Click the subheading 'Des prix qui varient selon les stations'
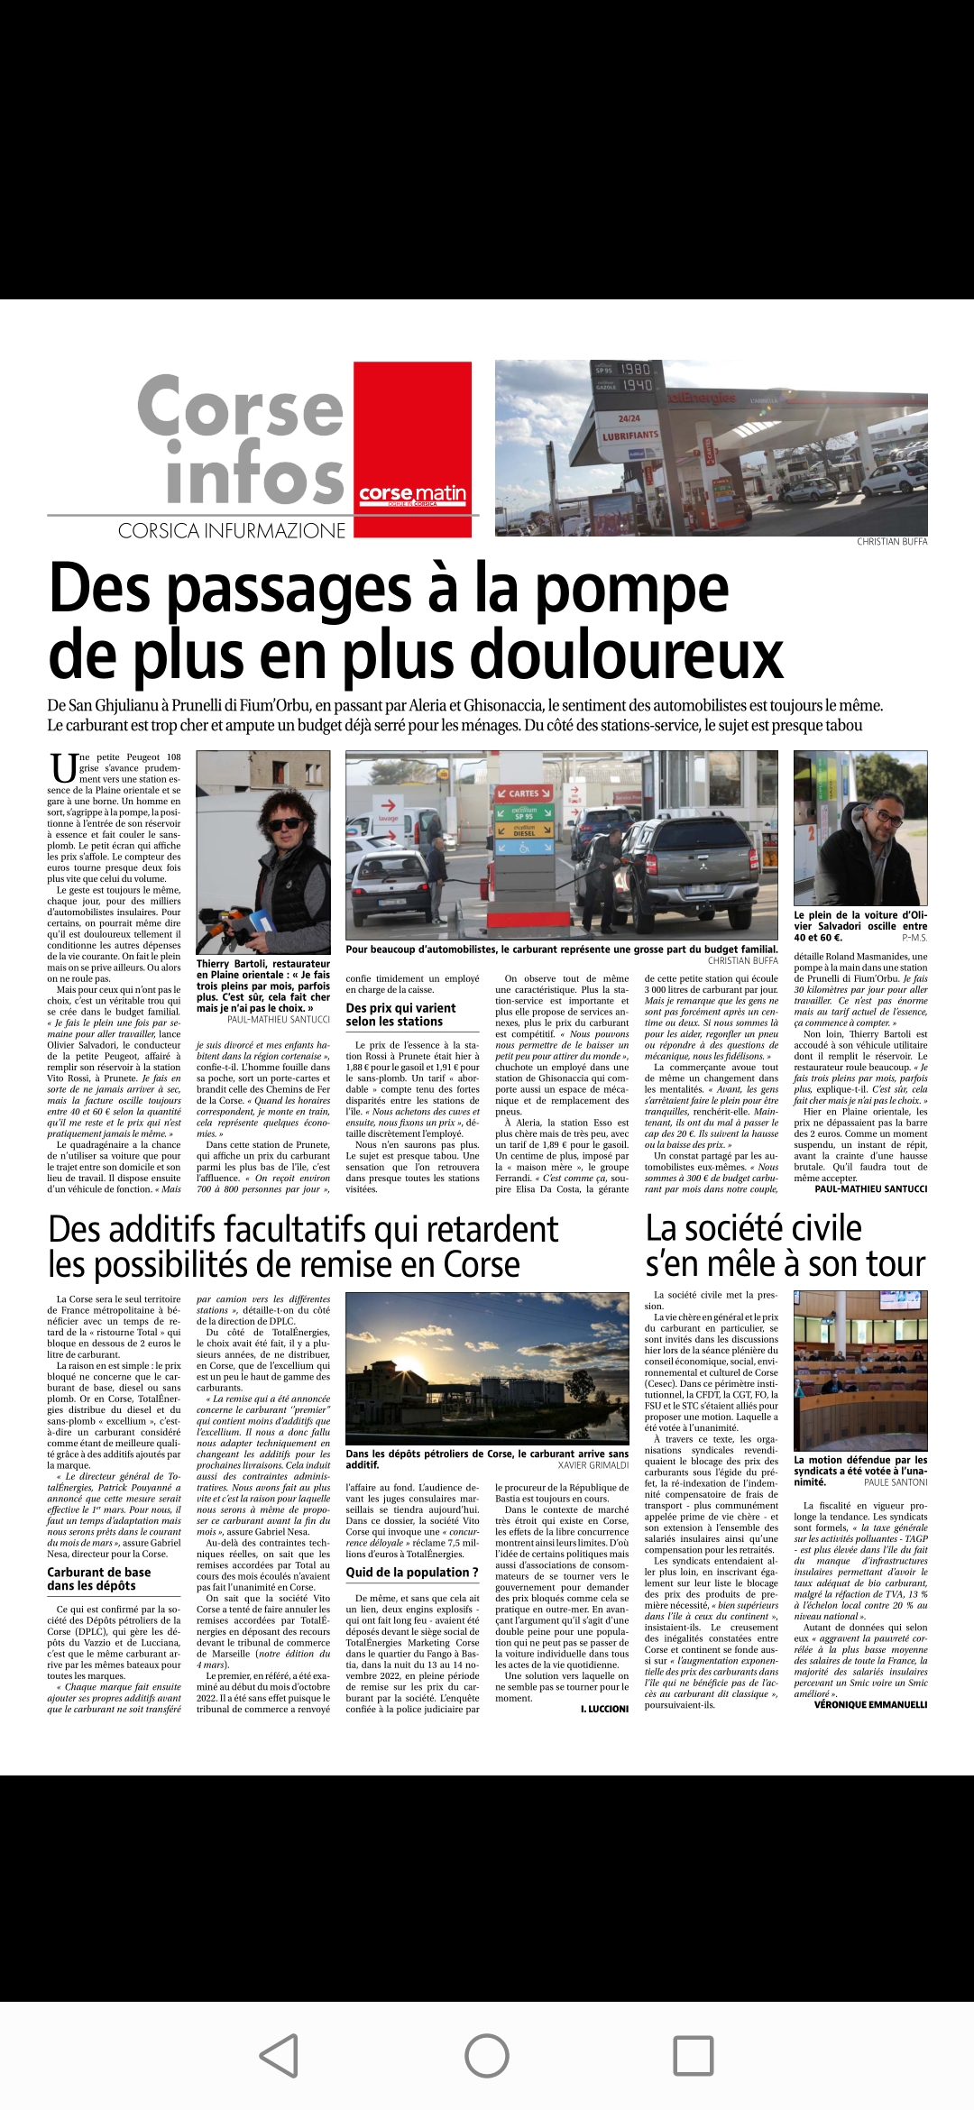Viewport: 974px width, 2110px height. [400, 1014]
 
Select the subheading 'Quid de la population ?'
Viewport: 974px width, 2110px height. [412, 1572]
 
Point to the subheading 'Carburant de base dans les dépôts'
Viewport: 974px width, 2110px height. [99, 1578]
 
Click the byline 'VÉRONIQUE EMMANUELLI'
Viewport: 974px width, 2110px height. [870, 1704]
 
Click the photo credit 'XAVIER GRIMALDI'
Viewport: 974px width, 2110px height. [593, 1465]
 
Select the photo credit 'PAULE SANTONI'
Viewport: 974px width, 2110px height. [896, 1482]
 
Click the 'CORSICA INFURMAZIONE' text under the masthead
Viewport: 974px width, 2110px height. [232, 531]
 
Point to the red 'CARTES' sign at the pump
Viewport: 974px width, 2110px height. [523, 794]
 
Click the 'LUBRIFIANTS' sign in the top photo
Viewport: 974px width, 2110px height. [630, 435]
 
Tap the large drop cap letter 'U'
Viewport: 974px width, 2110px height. [62, 768]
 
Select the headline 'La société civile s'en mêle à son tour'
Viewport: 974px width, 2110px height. [785, 1246]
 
